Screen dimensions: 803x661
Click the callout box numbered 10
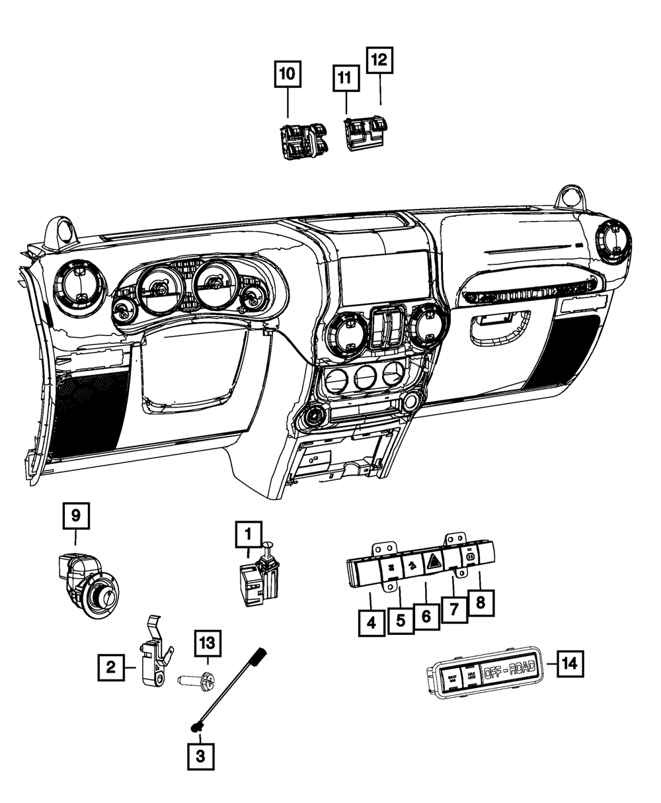[288, 74]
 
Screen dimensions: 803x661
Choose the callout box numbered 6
[426, 617]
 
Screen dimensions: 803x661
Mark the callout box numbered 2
[112, 667]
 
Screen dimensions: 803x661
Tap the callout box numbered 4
[372, 622]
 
